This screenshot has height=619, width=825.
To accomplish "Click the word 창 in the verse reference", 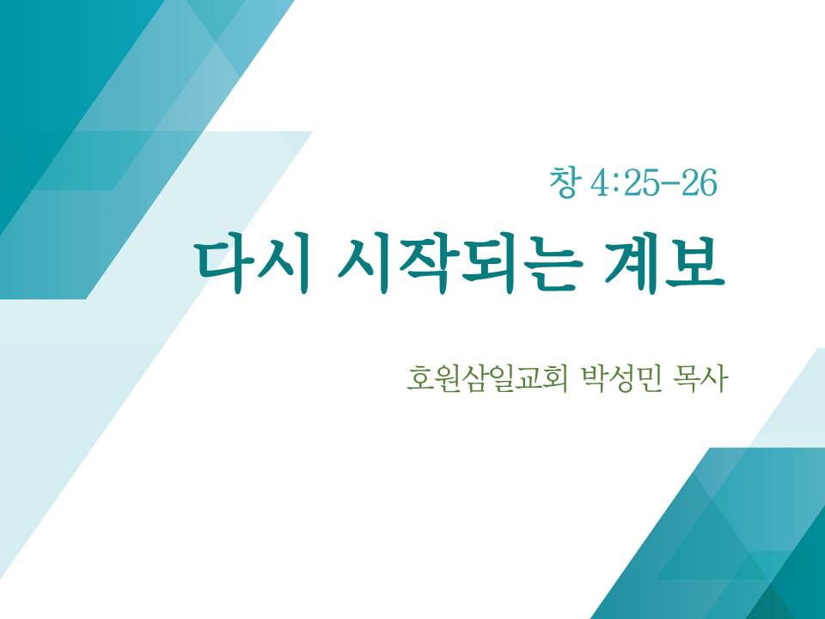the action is click(x=563, y=182).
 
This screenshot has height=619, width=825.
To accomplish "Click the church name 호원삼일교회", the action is click(x=487, y=377).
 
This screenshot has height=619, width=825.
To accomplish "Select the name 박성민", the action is click(x=620, y=377).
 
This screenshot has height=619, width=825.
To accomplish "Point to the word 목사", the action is click(x=701, y=377).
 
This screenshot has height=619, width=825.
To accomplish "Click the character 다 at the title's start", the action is click(x=224, y=266).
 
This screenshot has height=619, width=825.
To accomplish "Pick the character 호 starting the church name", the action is click(x=420, y=377).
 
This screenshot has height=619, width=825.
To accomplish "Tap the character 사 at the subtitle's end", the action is click(x=716, y=377).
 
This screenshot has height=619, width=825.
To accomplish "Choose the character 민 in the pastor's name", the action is click(x=647, y=377).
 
